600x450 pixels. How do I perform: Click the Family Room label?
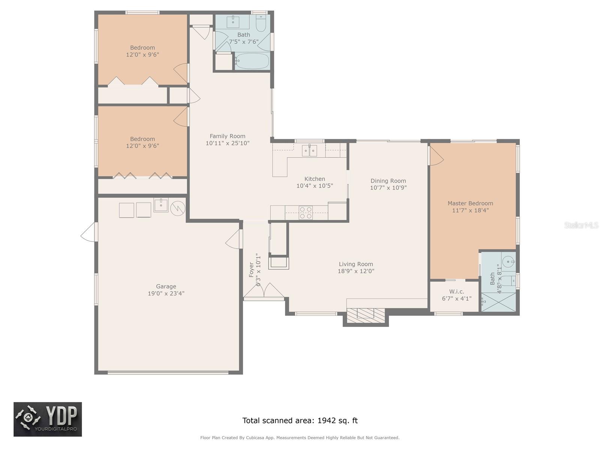point(227,136)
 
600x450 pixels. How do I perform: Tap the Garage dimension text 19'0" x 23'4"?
point(166,293)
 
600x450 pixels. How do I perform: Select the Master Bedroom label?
point(470,203)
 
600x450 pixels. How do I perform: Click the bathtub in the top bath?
point(252,61)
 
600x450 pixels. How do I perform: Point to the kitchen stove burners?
point(306,213)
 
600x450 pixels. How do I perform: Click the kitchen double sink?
point(309,151)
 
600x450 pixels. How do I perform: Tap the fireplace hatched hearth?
point(365,315)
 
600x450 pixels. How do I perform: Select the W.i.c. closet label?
point(456,291)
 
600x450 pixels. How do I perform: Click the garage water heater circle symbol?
point(178,208)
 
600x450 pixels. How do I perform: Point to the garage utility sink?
point(161,205)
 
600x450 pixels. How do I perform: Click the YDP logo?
point(48,419)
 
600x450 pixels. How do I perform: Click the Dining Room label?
point(388,181)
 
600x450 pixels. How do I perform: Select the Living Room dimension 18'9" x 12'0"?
point(356,271)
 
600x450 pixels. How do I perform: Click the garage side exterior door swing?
point(89,232)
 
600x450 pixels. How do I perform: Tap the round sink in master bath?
point(508,261)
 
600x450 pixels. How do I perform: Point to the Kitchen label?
point(315,179)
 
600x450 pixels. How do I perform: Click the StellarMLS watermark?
point(581,225)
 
